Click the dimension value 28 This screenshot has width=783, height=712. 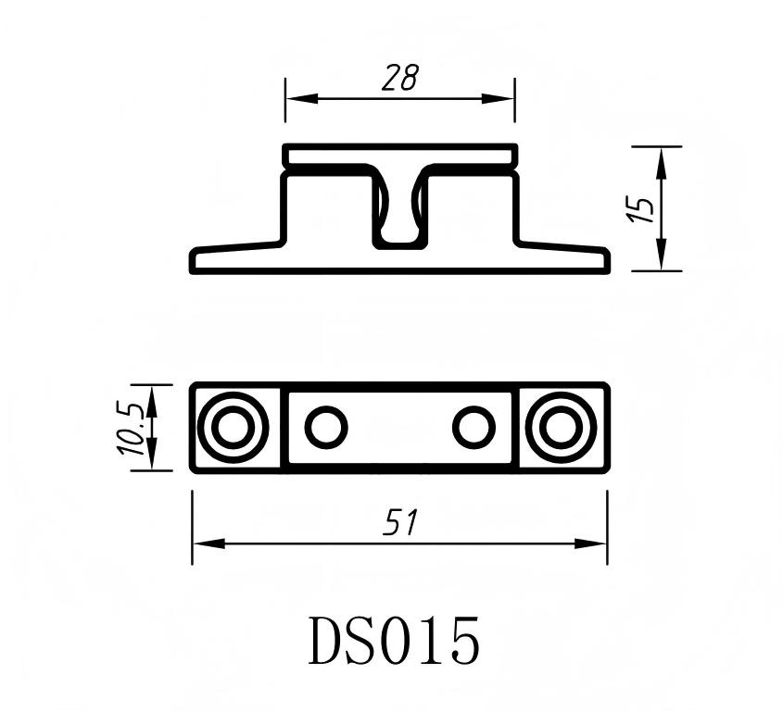pyautogui.click(x=399, y=79)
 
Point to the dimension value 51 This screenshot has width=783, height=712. pyautogui.click(x=399, y=524)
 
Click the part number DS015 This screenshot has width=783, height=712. pyautogui.click(x=395, y=641)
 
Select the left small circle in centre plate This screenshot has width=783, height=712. pyautogui.click(x=325, y=428)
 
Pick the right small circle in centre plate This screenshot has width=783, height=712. pyautogui.click(x=474, y=428)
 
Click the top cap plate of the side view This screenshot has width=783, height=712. pyautogui.click(x=399, y=156)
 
